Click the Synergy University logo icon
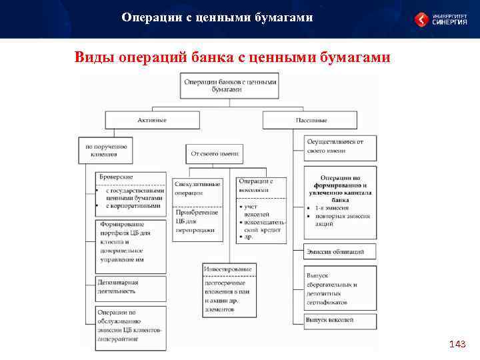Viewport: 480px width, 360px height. [x=422, y=19]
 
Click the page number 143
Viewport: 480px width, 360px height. [x=457, y=344]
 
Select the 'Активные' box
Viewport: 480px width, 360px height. [x=152, y=120]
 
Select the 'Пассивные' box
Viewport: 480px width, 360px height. [x=311, y=120]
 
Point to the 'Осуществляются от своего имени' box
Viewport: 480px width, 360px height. [x=339, y=146]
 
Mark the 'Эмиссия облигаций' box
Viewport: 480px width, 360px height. [x=339, y=252]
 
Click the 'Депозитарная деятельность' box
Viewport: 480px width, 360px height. [x=131, y=287]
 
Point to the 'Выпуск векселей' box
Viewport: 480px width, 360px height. [x=339, y=320]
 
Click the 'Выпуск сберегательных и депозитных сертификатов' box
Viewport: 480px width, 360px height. [x=339, y=288]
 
